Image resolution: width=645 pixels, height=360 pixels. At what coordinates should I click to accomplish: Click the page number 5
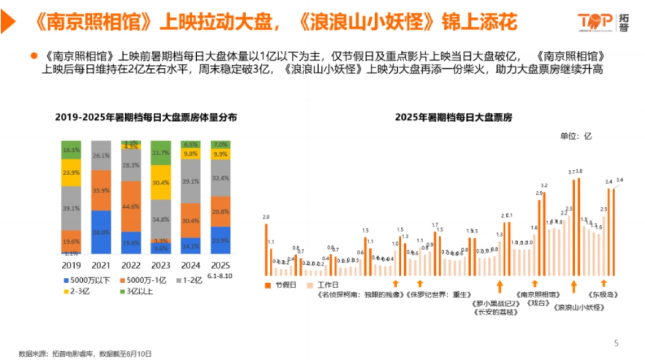pyautogui.click(x=617, y=343)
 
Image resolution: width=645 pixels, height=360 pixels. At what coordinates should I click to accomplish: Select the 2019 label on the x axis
pyautogui.click(x=71, y=265)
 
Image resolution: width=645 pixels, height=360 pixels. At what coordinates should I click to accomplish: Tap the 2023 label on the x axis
pyautogui.click(x=161, y=265)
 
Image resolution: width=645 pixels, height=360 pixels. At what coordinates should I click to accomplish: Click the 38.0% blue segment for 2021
pyautogui.click(x=101, y=232)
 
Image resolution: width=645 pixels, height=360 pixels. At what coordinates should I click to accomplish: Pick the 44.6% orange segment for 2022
pyautogui.click(x=131, y=206)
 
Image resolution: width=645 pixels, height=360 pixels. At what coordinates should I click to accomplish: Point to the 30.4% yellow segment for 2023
pyautogui.click(x=161, y=182)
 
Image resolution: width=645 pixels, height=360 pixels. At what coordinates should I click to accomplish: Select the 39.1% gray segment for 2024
pyautogui.click(x=190, y=182)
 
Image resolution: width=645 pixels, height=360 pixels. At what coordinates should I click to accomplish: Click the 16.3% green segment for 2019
pyautogui.click(x=71, y=150)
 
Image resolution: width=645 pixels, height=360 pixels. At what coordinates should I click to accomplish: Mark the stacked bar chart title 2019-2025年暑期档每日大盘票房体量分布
pyautogui.click(x=146, y=117)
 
